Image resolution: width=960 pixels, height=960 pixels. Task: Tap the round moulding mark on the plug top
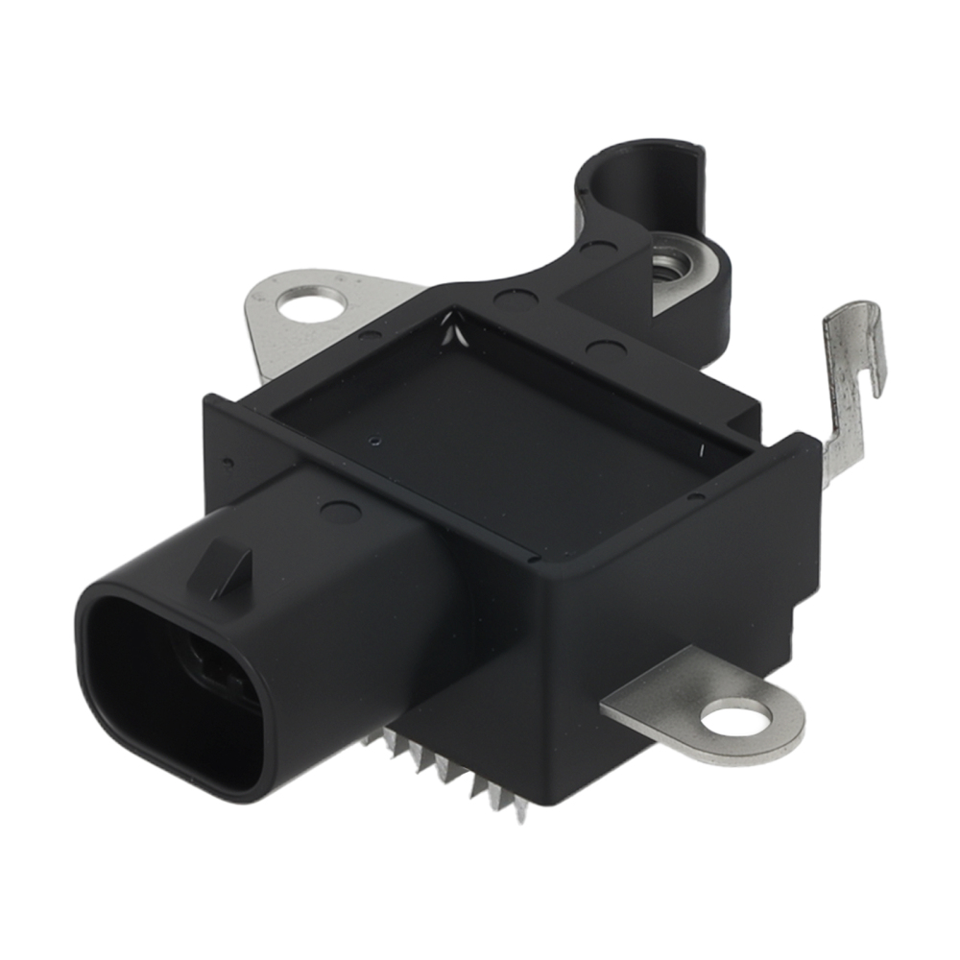click(x=340, y=511)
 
